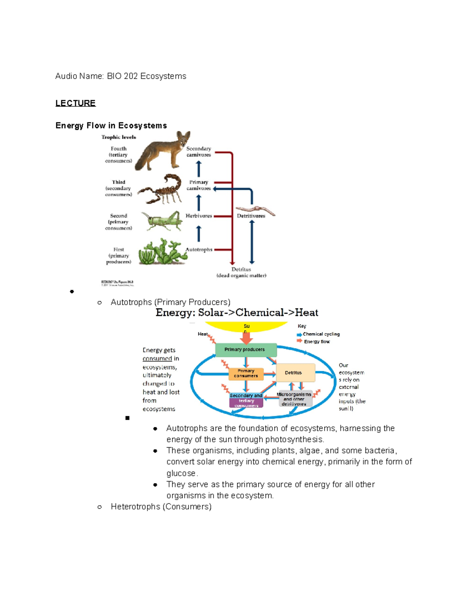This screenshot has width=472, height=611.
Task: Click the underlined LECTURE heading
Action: point(75,103)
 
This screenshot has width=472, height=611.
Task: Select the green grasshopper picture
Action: point(162,221)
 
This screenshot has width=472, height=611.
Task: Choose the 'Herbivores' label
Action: point(199,216)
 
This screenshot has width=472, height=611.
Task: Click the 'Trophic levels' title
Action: point(118,137)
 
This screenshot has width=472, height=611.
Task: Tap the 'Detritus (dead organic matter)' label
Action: point(241,272)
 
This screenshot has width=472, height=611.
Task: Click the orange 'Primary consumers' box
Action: point(246,373)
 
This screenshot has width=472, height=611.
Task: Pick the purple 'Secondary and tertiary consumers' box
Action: point(246,401)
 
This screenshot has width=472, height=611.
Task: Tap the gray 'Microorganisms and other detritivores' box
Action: point(294,399)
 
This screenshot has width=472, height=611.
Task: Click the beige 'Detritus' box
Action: point(295,373)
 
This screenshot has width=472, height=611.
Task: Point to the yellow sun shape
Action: point(246,327)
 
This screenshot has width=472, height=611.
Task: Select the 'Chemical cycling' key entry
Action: point(321,334)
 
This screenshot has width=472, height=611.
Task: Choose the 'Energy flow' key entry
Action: point(317,341)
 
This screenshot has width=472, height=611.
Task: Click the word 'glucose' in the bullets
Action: point(181,473)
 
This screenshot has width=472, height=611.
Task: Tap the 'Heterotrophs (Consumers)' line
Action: point(161,507)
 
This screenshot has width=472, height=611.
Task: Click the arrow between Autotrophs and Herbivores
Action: point(199,234)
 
